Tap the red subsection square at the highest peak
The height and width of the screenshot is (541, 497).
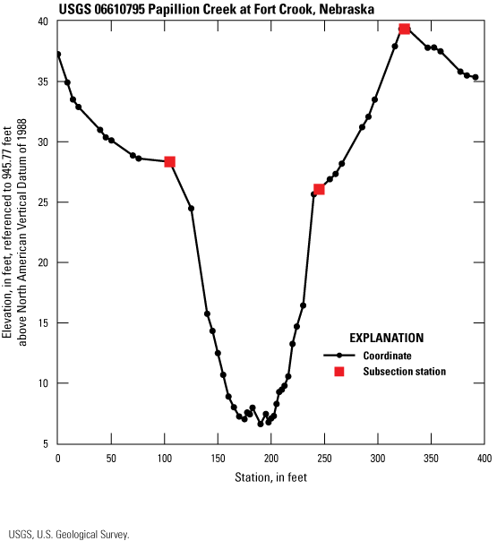[x=405, y=29]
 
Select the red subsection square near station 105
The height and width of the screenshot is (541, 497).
[x=169, y=162]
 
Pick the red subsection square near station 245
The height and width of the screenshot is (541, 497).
[x=319, y=189]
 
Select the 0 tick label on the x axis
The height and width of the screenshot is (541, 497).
[x=57, y=459]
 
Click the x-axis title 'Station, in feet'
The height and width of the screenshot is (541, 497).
[x=270, y=477]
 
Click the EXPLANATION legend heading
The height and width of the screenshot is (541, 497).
[x=386, y=339]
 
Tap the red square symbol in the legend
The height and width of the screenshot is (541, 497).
[x=339, y=371]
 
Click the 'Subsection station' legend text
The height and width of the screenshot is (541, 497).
[x=405, y=371]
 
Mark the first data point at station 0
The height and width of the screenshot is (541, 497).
[x=57, y=54]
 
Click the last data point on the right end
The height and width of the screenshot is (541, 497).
[x=476, y=77]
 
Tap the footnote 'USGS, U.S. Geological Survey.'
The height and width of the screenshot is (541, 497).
[x=68, y=534]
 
